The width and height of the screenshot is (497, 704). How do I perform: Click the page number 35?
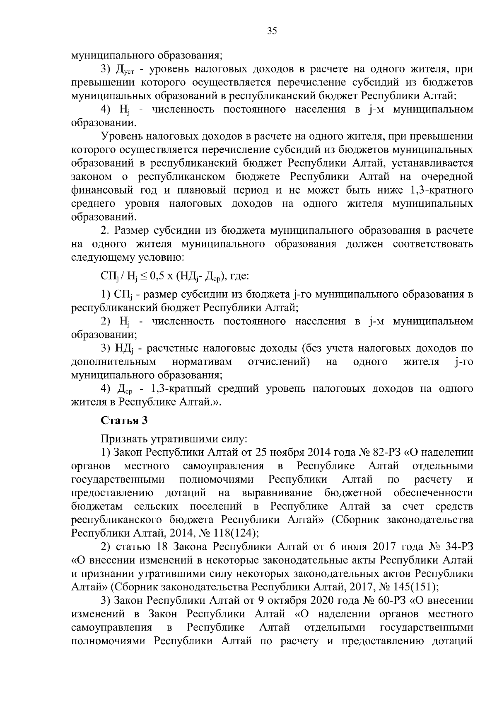(272, 32)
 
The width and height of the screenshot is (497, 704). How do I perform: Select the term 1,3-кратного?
(442, 191)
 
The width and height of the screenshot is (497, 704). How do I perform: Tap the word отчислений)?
(279, 362)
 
